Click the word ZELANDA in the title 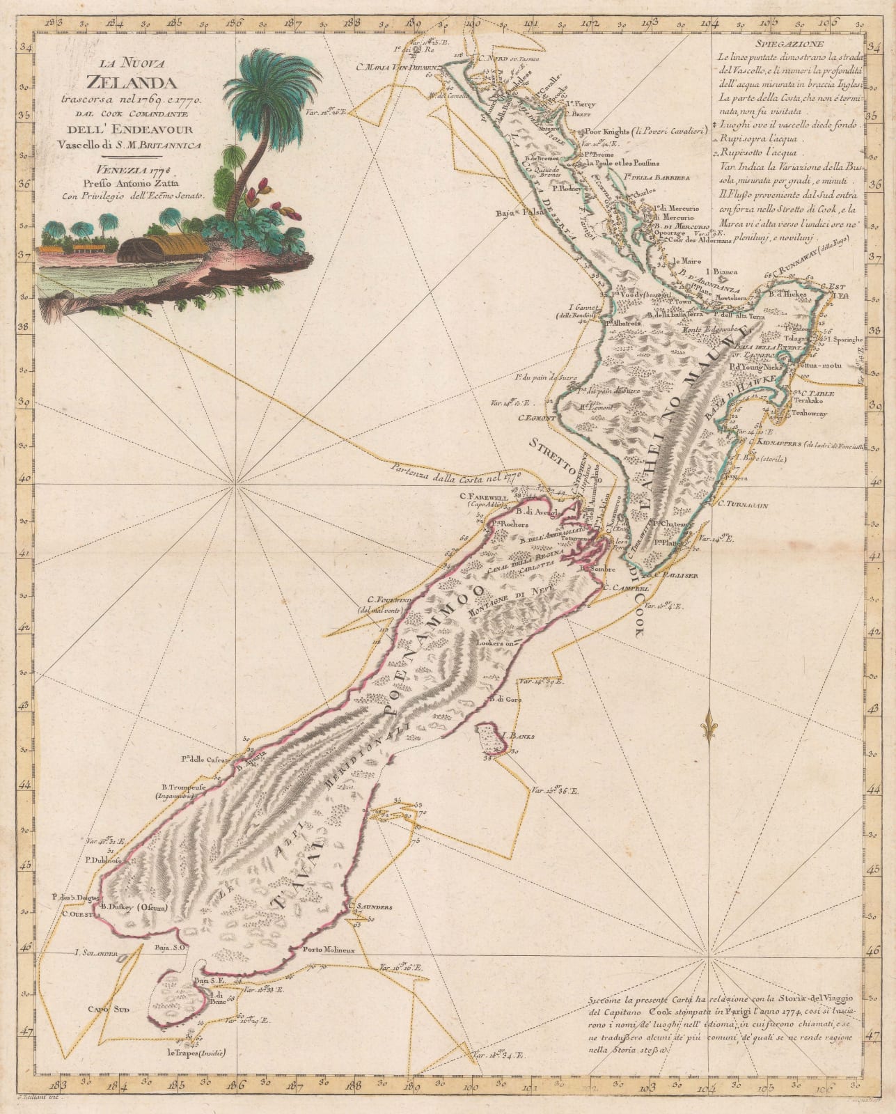(x=125, y=87)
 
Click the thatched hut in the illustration (x=164, y=248)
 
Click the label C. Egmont (x=537, y=418)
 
